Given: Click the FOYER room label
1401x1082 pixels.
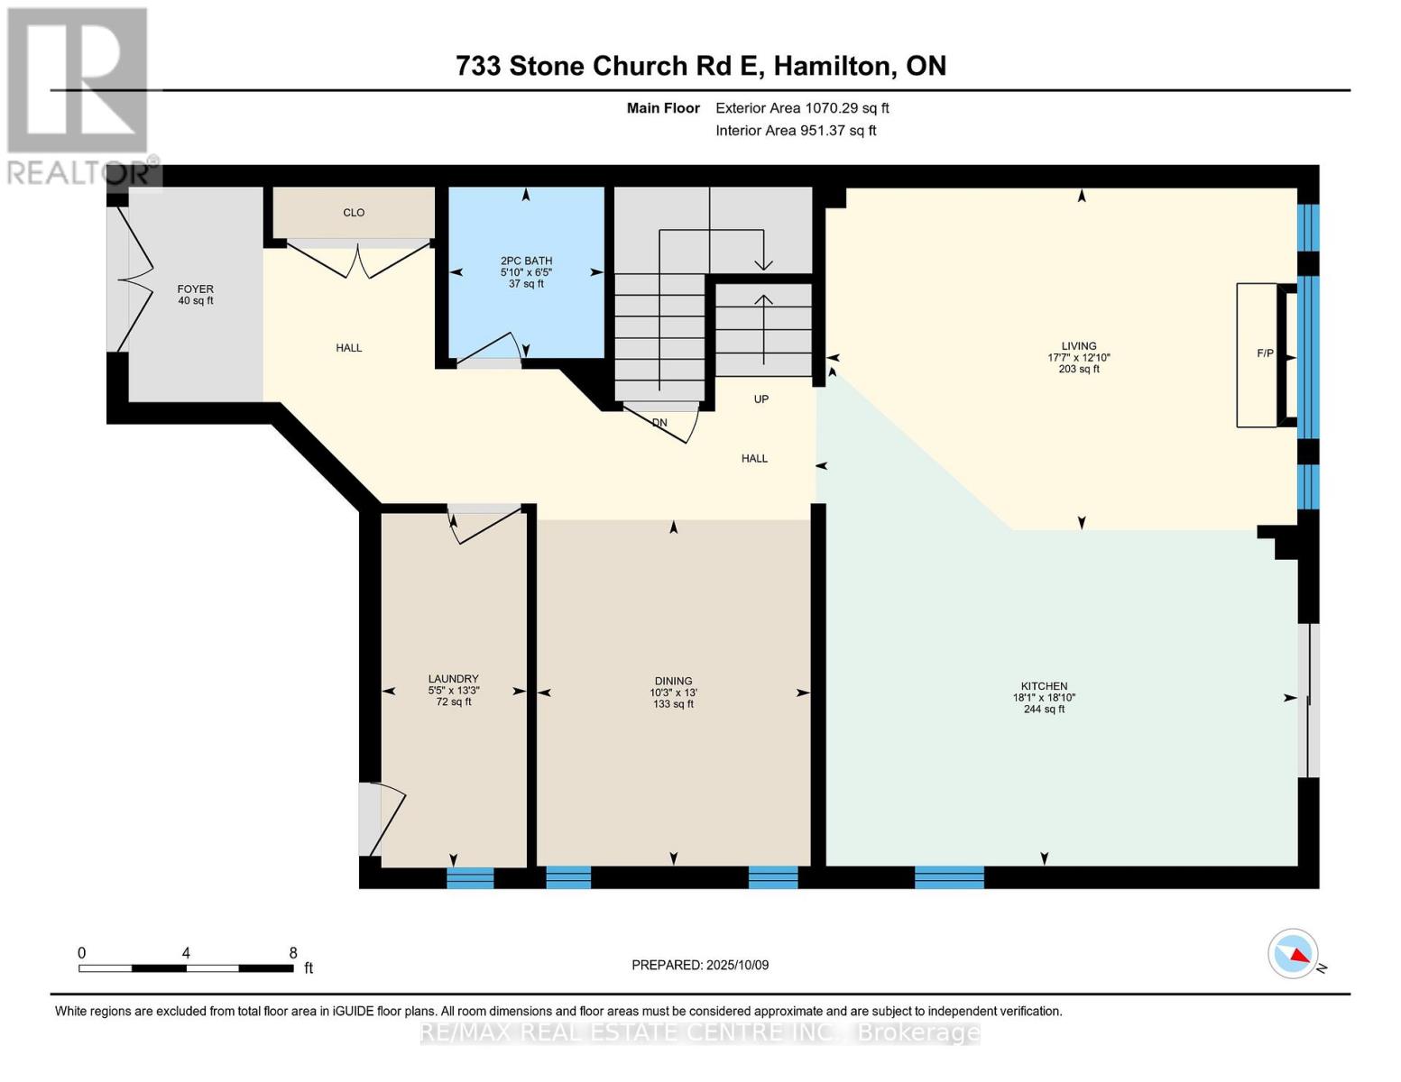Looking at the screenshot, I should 195,289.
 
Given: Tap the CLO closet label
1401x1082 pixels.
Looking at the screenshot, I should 354,213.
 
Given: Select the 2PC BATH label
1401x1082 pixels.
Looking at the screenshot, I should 526,261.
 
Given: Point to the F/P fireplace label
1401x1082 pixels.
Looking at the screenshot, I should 1265,353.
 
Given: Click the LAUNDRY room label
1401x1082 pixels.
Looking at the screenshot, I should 453,679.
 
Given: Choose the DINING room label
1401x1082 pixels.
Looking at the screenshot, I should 673,682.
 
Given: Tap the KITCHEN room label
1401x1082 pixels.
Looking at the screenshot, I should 1044,686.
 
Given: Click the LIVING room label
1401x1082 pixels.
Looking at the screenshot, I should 1078,346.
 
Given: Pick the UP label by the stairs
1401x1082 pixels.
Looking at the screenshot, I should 761,399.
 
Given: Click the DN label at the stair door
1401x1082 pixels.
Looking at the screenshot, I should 659,423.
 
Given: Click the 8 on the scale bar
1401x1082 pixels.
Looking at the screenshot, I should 293,953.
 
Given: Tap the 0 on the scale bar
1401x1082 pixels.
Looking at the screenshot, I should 82,953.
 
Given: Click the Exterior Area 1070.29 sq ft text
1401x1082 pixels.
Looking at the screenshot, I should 802,108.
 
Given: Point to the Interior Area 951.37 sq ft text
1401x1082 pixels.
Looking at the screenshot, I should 796,131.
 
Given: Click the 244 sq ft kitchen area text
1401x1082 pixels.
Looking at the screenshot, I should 1044,710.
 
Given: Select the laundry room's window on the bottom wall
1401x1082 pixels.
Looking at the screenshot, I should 470,877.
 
